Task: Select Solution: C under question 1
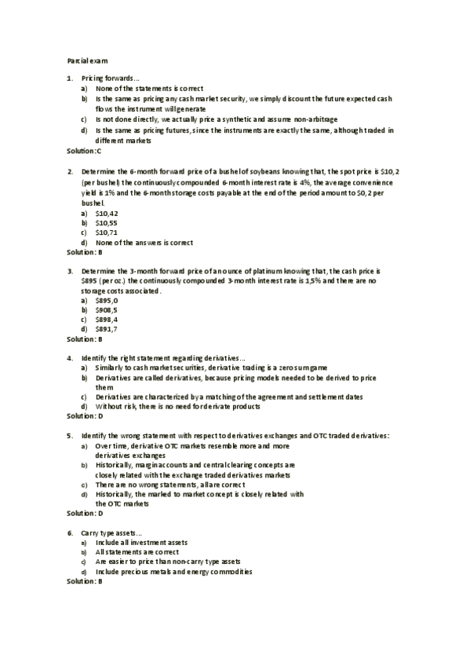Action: point(84,150)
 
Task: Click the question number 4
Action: point(69,358)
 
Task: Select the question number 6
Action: point(69,533)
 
